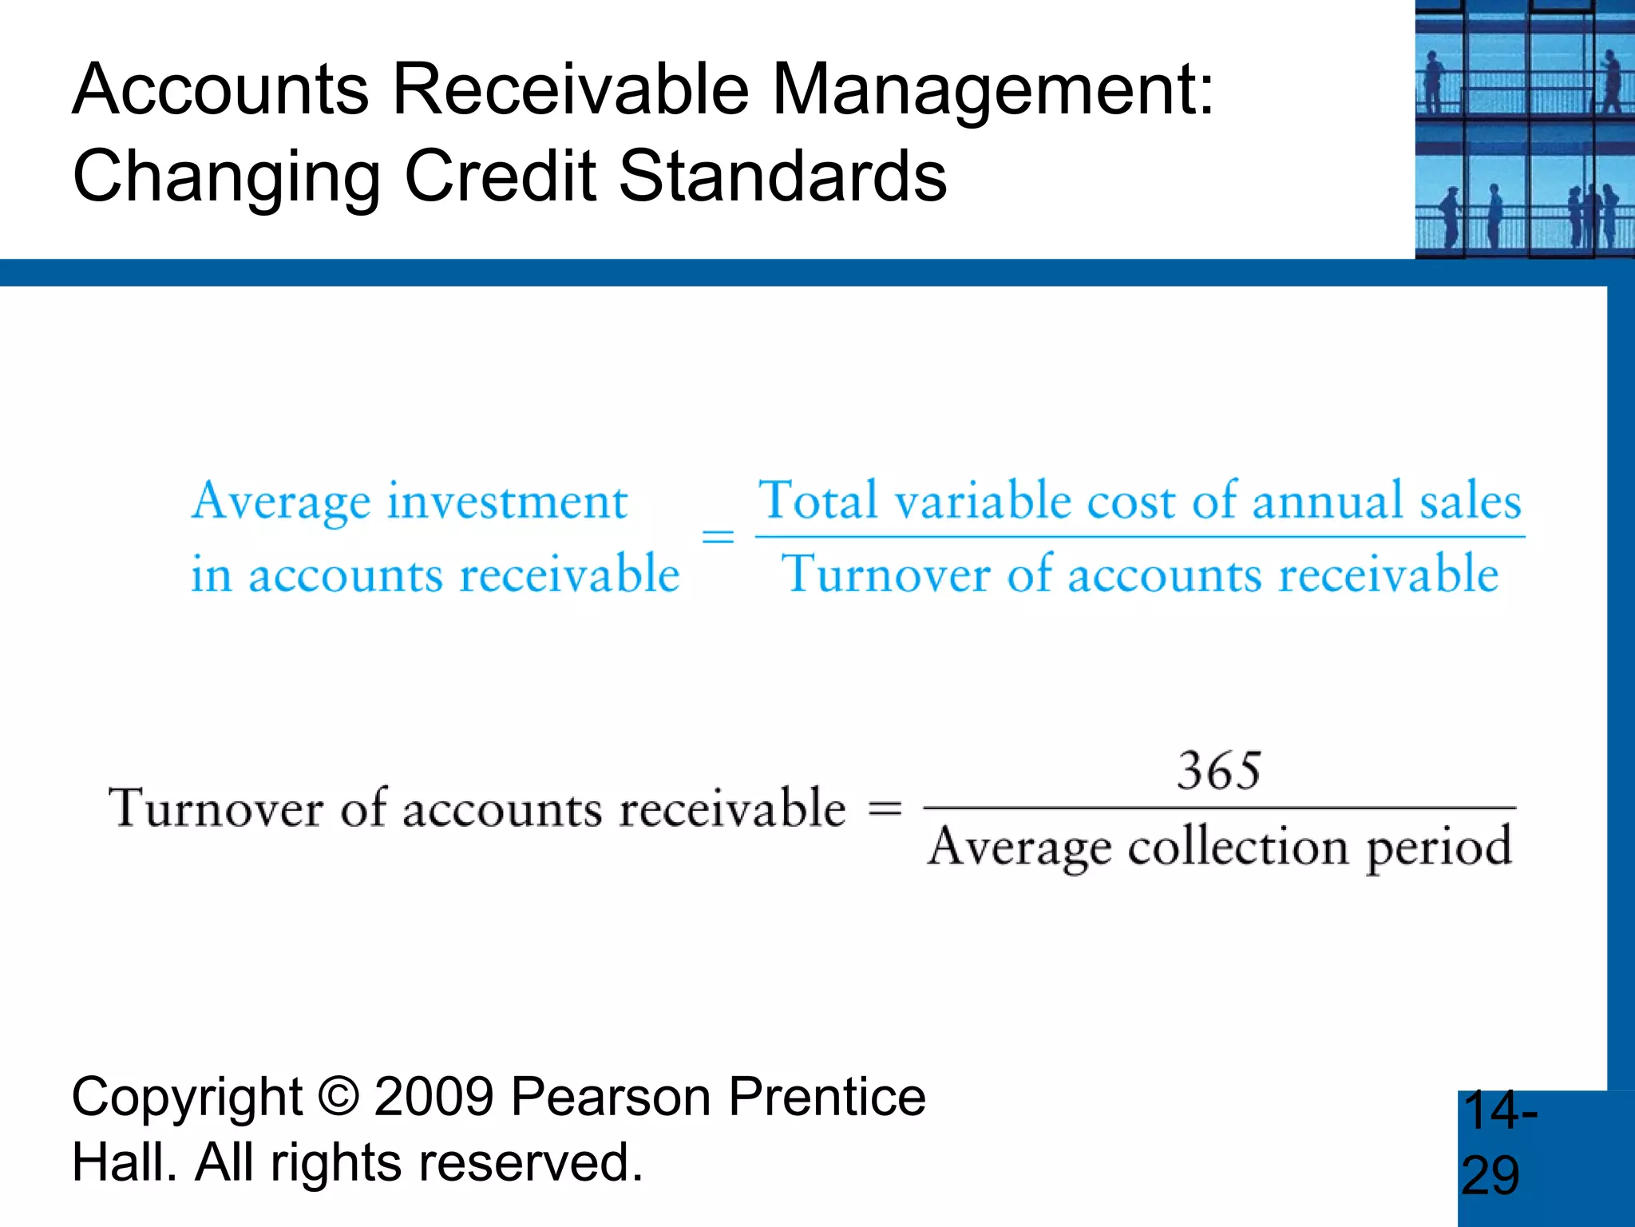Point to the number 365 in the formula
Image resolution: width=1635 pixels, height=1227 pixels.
[x=1219, y=771]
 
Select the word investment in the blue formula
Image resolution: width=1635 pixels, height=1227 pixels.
[x=508, y=502]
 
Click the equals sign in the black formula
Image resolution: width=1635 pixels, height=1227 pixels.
[x=885, y=808]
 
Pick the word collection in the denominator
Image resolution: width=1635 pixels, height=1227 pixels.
[x=1237, y=847]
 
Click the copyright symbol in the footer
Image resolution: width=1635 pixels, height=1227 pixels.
[x=338, y=1096]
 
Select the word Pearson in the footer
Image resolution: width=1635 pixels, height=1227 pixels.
[x=611, y=1096]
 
